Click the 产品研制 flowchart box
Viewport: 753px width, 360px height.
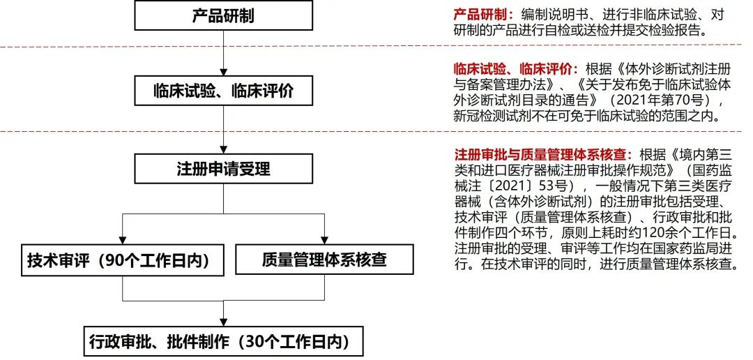[x=222, y=15]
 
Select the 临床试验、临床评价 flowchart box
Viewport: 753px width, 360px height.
[x=222, y=91]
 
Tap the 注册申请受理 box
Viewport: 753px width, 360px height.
[x=222, y=169]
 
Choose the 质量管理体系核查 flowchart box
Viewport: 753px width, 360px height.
[x=324, y=260]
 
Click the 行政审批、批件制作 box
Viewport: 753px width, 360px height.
[x=222, y=342]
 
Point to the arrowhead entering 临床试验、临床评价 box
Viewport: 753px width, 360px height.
[x=222, y=72]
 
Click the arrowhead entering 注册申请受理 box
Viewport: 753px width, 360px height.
[x=222, y=150]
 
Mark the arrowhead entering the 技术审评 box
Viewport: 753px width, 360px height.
[x=123, y=241]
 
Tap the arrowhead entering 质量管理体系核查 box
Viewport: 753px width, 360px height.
[x=324, y=241]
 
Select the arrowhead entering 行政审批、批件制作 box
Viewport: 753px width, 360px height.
[x=222, y=322]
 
